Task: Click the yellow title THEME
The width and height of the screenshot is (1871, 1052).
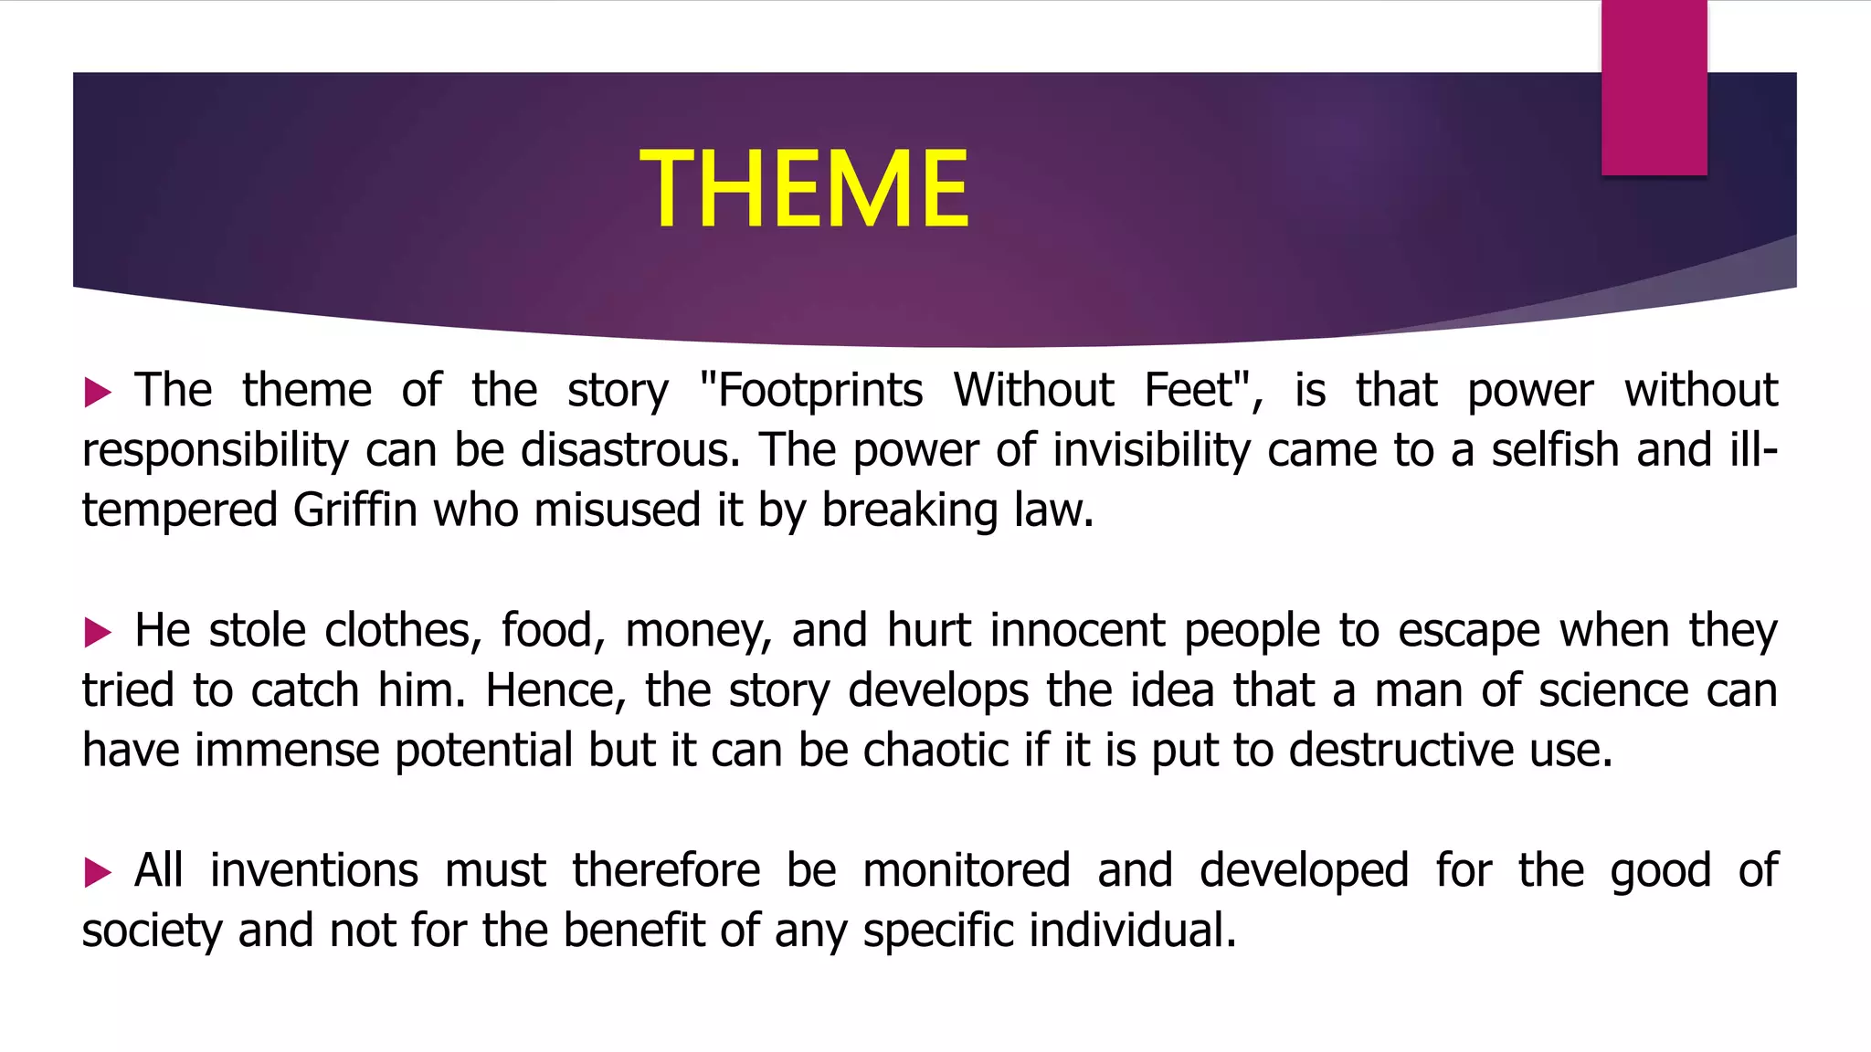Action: [804, 189]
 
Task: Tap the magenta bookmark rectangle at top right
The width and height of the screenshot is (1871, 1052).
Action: [1654, 88]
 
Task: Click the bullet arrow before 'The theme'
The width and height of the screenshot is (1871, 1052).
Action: [97, 393]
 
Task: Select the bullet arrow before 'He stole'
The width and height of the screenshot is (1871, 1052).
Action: [97, 632]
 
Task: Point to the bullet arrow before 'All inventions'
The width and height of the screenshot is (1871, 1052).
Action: [97, 872]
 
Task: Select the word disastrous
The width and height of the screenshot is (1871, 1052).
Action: [630, 450]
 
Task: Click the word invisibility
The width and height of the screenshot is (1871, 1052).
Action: [1151, 450]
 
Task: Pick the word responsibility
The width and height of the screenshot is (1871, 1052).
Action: [216, 450]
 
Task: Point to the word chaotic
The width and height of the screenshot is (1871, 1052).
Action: [935, 750]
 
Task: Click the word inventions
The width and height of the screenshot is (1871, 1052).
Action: [314, 870]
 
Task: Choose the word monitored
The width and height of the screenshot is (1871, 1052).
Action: [967, 870]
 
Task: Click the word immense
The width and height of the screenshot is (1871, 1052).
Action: [287, 750]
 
